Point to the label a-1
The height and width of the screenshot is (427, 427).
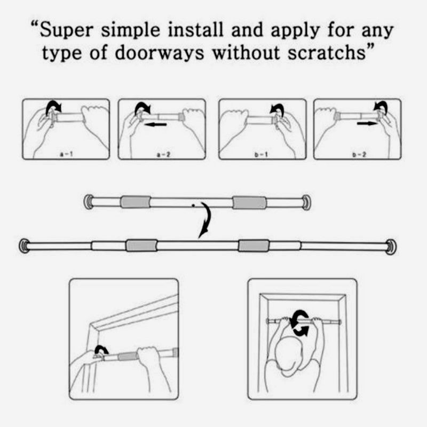click(x=66, y=153)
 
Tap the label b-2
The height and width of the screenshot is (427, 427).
click(x=358, y=153)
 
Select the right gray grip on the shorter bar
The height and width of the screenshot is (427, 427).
click(x=249, y=202)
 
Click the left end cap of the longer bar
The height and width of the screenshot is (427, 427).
click(x=25, y=246)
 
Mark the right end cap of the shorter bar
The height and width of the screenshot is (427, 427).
click(x=306, y=202)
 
